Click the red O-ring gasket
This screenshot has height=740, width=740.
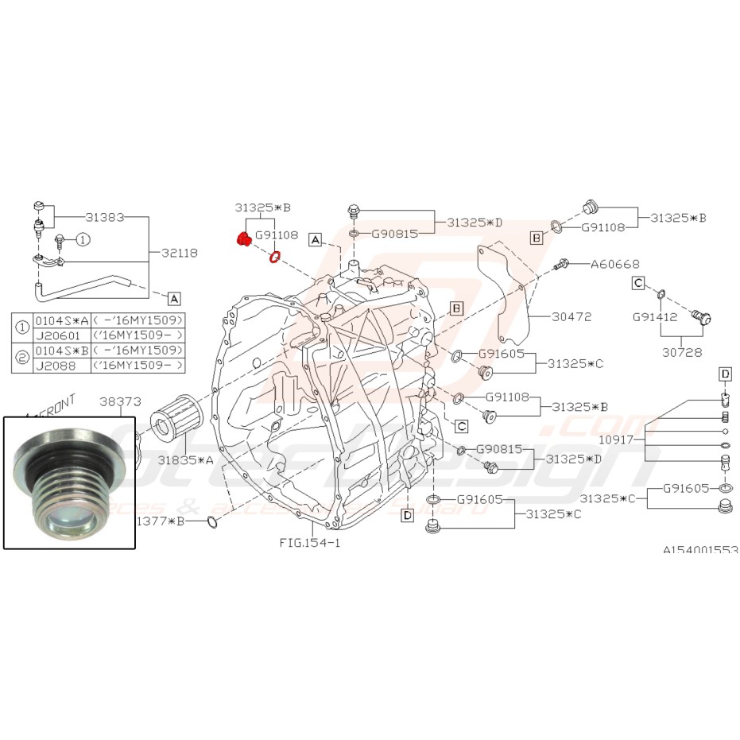274,257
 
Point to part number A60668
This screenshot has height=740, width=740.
615,263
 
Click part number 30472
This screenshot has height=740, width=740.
571,316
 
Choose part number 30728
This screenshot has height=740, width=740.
680,350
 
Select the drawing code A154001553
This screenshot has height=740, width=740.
701,549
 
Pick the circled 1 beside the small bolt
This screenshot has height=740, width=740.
84,238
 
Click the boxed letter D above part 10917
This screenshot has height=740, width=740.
724,374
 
